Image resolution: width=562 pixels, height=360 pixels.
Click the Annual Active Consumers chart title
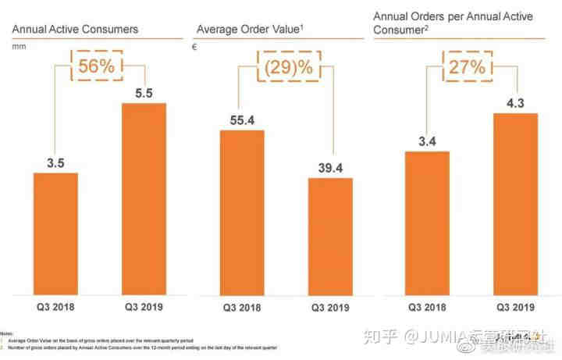(x=74, y=30)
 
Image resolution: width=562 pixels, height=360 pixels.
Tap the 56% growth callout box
(x=97, y=66)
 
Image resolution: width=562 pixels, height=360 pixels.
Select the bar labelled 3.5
(x=55, y=233)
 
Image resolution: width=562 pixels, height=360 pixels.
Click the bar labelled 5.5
(x=144, y=199)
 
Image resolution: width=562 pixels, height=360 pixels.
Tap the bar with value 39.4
(x=330, y=237)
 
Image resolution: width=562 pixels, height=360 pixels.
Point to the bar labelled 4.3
(x=515, y=205)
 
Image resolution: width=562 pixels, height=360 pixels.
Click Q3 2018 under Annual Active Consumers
(x=55, y=307)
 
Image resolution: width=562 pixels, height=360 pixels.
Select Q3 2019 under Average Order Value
(x=330, y=307)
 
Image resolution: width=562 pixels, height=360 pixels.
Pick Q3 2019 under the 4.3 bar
(x=515, y=307)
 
